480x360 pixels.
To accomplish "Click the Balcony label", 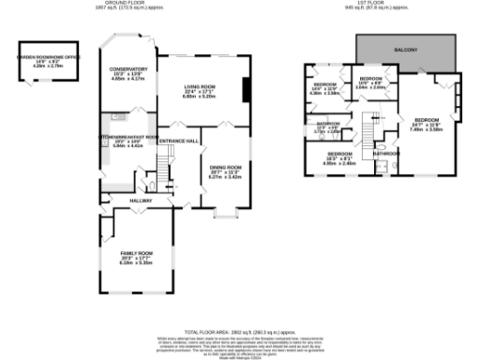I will tap(404, 49).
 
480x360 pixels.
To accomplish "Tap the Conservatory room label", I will tap(128, 68).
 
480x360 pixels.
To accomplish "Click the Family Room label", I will tap(135, 254).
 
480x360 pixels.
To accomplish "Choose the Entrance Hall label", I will tap(178, 141).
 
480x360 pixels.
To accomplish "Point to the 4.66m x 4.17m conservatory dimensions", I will tap(128, 80).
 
